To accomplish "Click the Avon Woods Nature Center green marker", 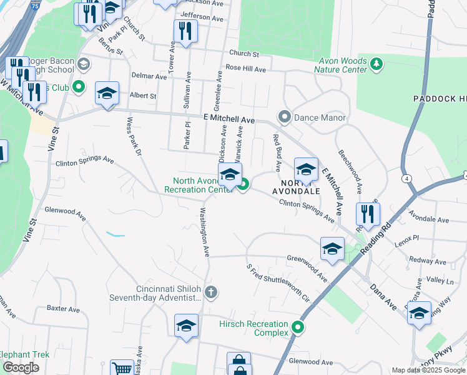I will pos(376,63).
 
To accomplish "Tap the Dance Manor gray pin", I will pos(285,117).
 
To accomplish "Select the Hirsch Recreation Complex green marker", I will pos(298,327).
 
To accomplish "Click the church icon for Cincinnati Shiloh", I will pos(212,292).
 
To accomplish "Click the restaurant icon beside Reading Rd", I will pos(368,214).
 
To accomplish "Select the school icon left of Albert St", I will pos(107,94).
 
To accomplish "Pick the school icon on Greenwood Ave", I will pos(332,249).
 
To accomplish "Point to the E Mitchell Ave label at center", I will pos(229,119).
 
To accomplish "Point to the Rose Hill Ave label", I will pos(246,68).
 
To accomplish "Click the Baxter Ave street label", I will pos(63,309).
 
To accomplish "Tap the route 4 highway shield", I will pos(407,179).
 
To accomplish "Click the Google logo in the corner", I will pos(21,367).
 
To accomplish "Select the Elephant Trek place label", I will pos(24,354).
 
